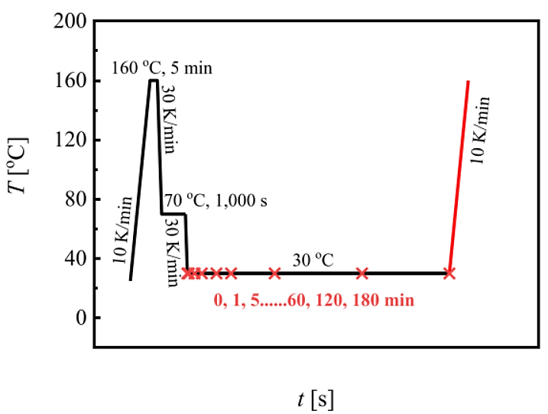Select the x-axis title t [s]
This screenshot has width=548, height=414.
tap(315, 398)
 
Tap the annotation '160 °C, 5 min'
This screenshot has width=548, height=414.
tap(161, 68)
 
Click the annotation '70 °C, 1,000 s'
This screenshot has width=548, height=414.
tap(221, 202)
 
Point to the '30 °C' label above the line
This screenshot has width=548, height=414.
tap(313, 260)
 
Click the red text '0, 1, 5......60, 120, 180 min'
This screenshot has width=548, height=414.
tap(315, 301)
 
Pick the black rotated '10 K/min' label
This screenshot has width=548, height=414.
tap(125, 230)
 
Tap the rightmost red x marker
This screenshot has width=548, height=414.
tap(449, 273)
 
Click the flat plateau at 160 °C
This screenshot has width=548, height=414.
tap(153, 80)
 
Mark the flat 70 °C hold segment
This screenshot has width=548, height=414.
tap(173, 214)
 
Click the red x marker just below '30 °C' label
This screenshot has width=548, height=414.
tap(362, 273)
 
